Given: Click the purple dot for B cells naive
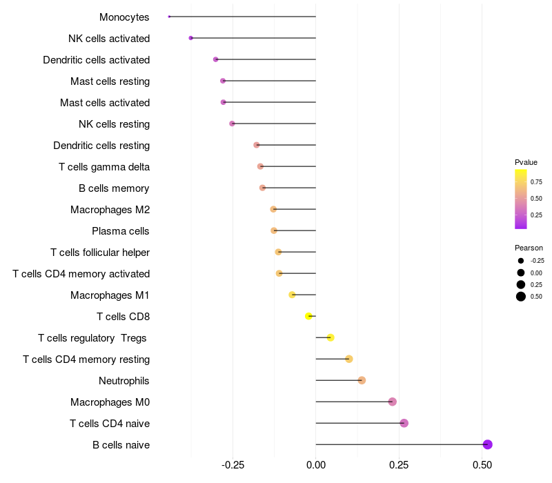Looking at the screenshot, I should pos(487,444).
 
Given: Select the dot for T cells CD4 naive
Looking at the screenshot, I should pos(404,423).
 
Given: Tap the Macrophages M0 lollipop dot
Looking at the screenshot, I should pos(392,402).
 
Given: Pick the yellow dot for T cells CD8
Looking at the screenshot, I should pos(308,316).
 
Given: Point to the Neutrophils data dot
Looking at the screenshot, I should pos(362,380).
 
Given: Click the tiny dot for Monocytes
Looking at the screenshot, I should pos(169,17).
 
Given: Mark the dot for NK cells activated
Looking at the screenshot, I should pos(190,38).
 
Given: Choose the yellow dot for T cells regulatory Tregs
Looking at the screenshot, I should pos(331,337).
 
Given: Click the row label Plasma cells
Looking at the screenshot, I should pos(121,230).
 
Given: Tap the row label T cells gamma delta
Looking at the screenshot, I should pos(104,166).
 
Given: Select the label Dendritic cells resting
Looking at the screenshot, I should pos(101,145).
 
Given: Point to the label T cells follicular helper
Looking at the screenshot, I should pos(100,252).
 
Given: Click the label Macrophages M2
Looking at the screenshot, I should pos(110,209).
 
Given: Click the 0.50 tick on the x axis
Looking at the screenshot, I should pos(482,465).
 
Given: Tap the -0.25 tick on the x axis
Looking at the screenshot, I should pos(233,465).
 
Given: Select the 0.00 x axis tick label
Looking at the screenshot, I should pos(315,465).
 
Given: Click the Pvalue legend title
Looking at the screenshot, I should pos(526,162).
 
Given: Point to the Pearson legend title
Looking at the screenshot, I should pos(529,248).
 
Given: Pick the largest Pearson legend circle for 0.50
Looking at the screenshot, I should pos(520,297).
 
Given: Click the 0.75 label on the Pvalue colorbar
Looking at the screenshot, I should pos(536,182).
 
